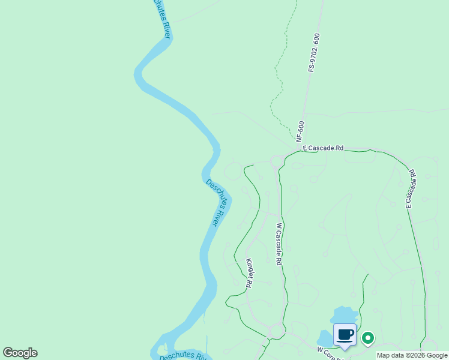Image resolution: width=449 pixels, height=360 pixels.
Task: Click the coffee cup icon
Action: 345,335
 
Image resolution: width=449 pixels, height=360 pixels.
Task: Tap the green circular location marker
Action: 367,338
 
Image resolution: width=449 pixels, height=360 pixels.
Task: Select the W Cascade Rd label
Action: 279,244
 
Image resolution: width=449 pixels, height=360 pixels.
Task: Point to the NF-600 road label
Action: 301,132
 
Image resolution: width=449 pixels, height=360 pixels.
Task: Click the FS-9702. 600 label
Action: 314,53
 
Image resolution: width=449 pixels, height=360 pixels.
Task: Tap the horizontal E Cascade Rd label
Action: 323,148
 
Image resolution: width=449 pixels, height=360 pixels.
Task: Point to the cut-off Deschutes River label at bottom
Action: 182,356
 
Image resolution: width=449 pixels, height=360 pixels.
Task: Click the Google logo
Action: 20,353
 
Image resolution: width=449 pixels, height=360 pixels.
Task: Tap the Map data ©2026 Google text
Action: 412,355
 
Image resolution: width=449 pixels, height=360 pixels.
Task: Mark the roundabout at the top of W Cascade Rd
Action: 277,161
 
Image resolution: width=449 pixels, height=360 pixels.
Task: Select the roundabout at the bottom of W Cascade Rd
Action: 277,330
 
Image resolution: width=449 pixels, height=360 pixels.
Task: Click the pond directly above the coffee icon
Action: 344,314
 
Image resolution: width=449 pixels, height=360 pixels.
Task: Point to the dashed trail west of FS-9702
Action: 276,78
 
